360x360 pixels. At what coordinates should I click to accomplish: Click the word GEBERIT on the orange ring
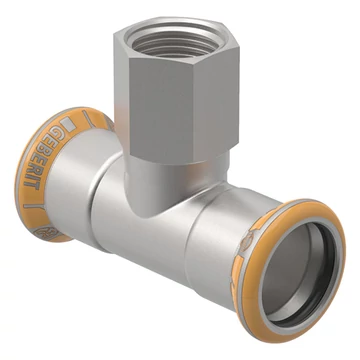click(x=43, y=158)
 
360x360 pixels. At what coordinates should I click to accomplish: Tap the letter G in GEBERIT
click(x=52, y=132)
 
